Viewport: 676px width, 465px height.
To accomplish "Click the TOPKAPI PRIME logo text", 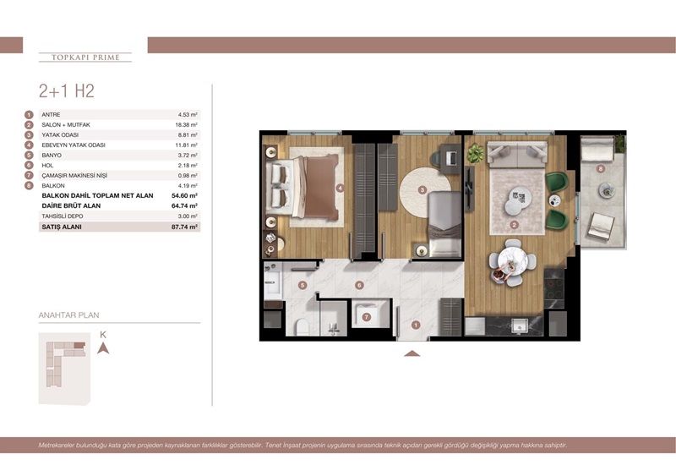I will pos(85,57).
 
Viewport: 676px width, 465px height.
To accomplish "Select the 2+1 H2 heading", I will pos(66,91).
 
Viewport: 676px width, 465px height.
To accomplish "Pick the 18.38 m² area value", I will pos(186,124).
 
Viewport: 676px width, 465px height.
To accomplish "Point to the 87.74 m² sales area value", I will pos(183,227).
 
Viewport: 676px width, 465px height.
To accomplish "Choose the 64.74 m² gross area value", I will pos(183,205).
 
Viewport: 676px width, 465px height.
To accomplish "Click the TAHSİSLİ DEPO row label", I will pos(63,216).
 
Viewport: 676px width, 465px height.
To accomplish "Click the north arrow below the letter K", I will pos(102,347).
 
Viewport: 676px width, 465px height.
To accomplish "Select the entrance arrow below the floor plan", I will pos(412,353).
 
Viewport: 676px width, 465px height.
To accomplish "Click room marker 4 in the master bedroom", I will pos(340,188).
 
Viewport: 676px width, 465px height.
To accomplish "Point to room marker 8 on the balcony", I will pos(600,169).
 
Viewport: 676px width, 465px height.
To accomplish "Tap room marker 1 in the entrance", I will pos(415,324).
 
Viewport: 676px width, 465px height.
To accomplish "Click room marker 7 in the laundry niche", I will pos(366,317).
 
